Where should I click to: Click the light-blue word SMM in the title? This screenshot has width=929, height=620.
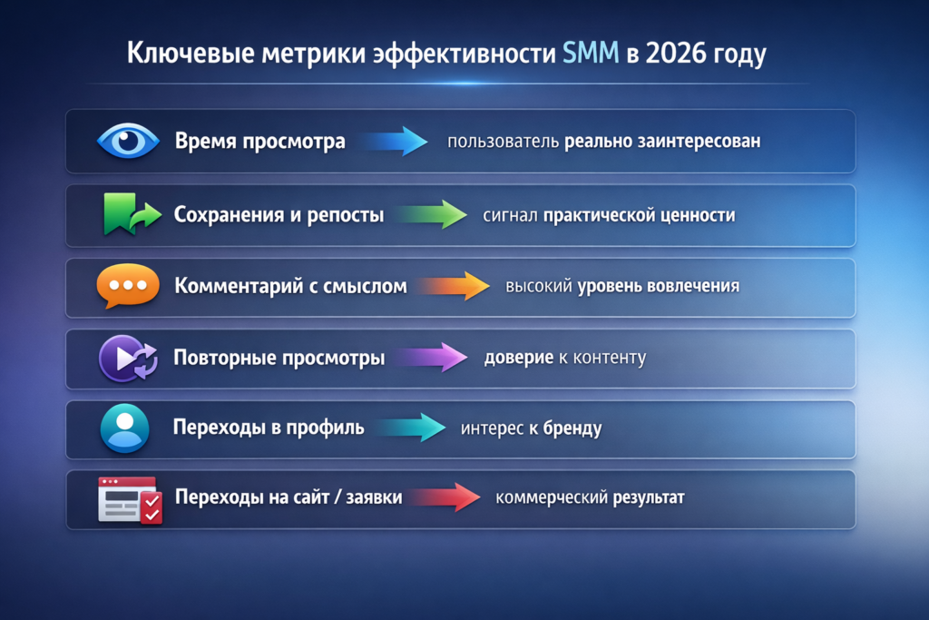click(x=590, y=53)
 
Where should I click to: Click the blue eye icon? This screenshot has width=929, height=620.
click(x=128, y=141)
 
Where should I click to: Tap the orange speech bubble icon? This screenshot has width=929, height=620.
click(x=128, y=286)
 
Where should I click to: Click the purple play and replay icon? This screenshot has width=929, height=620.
click(x=128, y=358)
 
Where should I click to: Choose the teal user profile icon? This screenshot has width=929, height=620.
click(x=124, y=428)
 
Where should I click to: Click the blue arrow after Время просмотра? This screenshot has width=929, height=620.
click(x=395, y=141)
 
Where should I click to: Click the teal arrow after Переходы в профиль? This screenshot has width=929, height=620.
click(x=410, y=428)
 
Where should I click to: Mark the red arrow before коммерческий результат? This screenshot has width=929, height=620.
click(x=445, y=497)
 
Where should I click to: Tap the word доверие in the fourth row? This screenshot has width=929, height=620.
click(x=519, y=358)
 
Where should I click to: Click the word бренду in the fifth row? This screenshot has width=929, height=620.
click(x=572, y=428)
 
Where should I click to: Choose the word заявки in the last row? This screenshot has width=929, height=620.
click(x=374, y=497)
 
